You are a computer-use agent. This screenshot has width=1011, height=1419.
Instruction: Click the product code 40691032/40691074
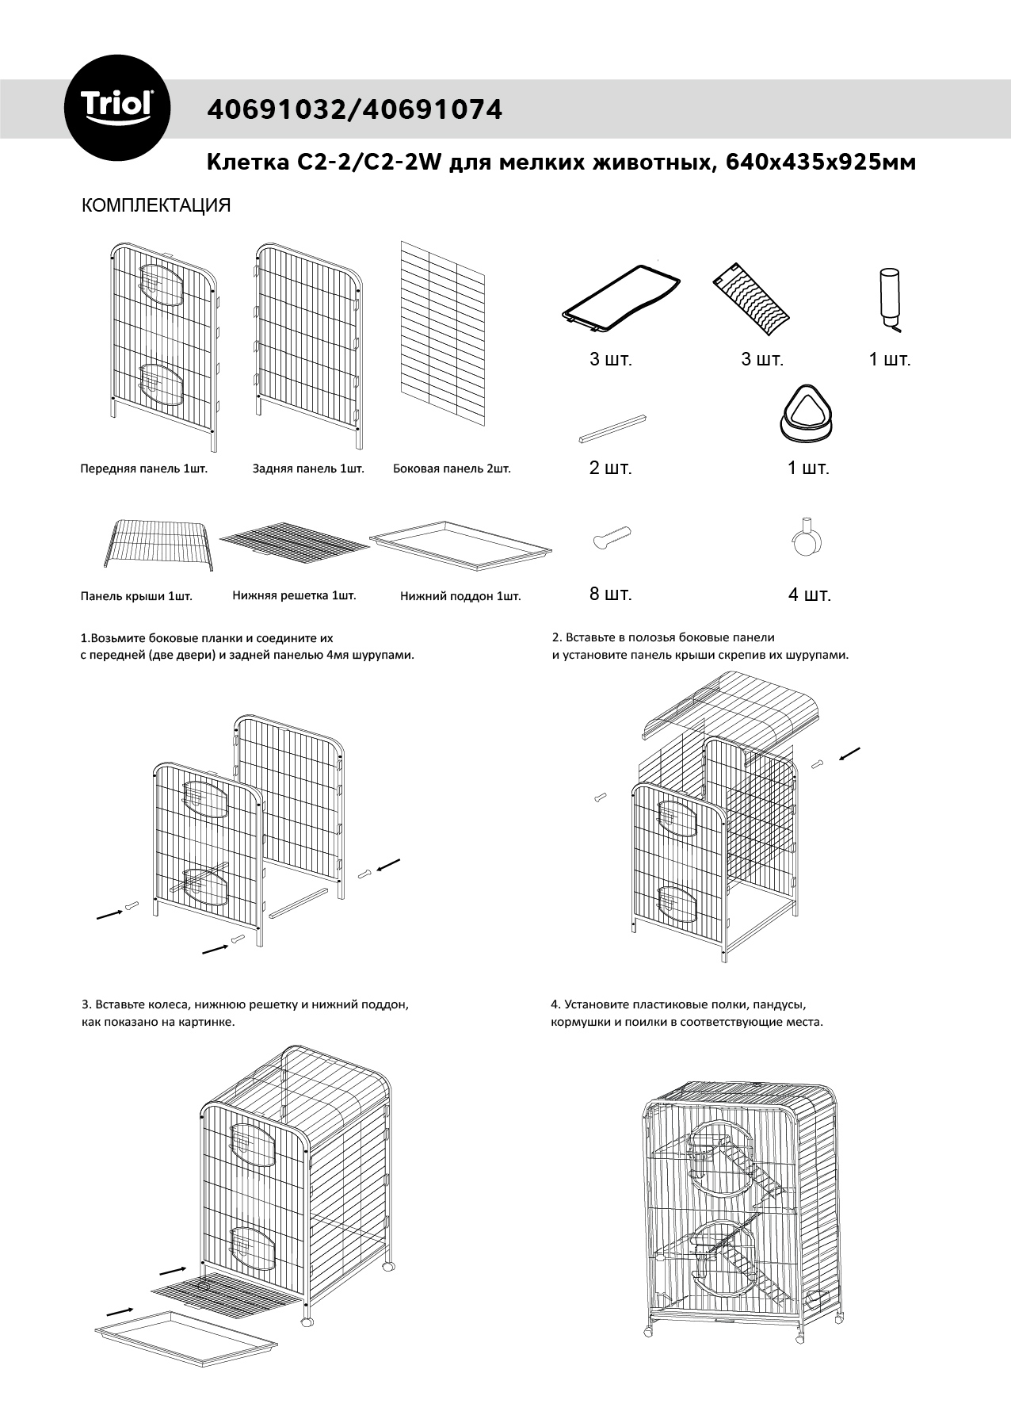tap(354, 109)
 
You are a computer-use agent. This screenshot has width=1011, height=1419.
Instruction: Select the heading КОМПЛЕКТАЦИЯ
tap(156, 206)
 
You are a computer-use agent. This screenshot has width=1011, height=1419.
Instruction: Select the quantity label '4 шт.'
tap(809, 595)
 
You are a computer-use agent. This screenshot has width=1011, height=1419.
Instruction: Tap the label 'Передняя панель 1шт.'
tap(143, 469)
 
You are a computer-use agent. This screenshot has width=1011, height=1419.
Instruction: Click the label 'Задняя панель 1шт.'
tap(308, 469)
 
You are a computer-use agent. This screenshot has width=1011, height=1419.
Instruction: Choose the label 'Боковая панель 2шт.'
tap(452, 469)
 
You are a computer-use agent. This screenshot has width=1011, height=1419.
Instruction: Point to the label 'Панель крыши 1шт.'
tap(136, 597)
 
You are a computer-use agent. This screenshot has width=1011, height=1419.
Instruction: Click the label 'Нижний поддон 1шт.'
tap(460, 597)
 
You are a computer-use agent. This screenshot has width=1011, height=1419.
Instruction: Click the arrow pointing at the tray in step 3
tap(119, 1306)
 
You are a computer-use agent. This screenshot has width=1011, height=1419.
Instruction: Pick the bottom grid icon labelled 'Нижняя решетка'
tap(294, 541)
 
